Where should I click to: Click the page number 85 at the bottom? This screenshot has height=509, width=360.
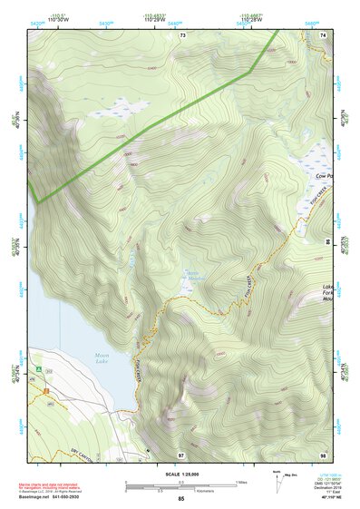click(181, 499)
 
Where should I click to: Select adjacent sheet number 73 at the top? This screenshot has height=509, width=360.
click(182, 35)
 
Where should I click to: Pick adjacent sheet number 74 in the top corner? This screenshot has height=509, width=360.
click(324, 35)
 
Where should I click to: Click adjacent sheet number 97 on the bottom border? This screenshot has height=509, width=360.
click(181, 454)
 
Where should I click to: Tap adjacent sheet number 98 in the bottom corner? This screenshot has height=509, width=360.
click(324, 454)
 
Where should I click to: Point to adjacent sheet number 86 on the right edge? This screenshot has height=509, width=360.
click(327, 244)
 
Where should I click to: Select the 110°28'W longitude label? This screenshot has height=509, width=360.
click(250, 17)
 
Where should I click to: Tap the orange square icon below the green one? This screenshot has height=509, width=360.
click(42, 390)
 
